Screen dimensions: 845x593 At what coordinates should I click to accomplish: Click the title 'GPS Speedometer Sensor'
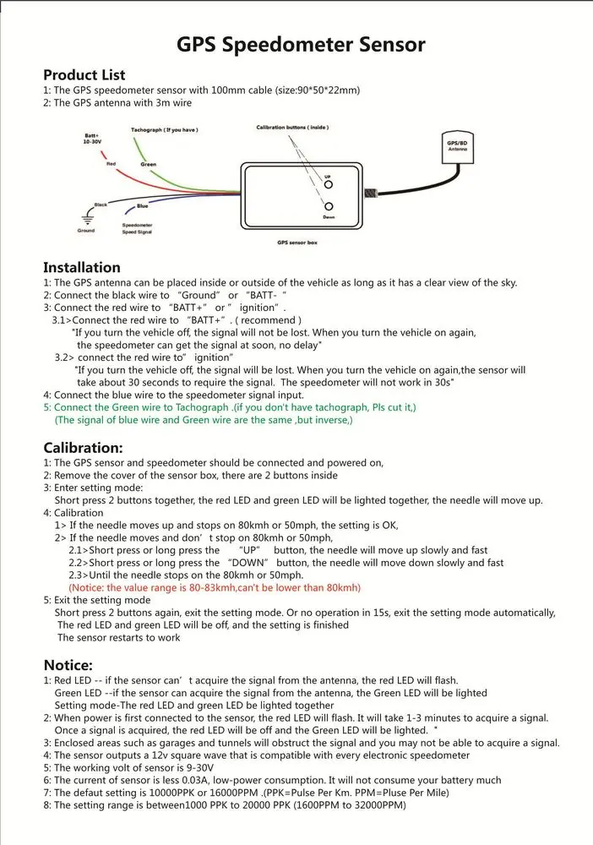click(301, 44)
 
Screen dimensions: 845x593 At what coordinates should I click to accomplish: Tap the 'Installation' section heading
click(82, 267)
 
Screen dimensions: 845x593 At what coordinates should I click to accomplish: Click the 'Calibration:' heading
click(83, 447)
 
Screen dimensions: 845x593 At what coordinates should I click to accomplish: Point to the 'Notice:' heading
click(68, 665)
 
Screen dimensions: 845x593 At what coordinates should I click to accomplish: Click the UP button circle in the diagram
click(329, 184)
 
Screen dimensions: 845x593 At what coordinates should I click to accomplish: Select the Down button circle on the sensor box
click(329, 207)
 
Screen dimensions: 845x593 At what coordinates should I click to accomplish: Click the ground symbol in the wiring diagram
click(85, 217)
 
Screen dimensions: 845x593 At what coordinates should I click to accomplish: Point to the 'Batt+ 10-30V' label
click(91, 139)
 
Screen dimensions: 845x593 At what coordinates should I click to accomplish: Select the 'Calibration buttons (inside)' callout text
click(291, 128)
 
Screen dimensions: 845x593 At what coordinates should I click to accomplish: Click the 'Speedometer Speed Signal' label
click(137, 228)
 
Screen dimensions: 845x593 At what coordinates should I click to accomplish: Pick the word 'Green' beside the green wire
click(149, 164)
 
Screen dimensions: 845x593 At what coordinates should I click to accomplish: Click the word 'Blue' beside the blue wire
click(142, 206)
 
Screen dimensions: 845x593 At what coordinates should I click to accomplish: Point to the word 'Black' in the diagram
click(101, 204)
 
